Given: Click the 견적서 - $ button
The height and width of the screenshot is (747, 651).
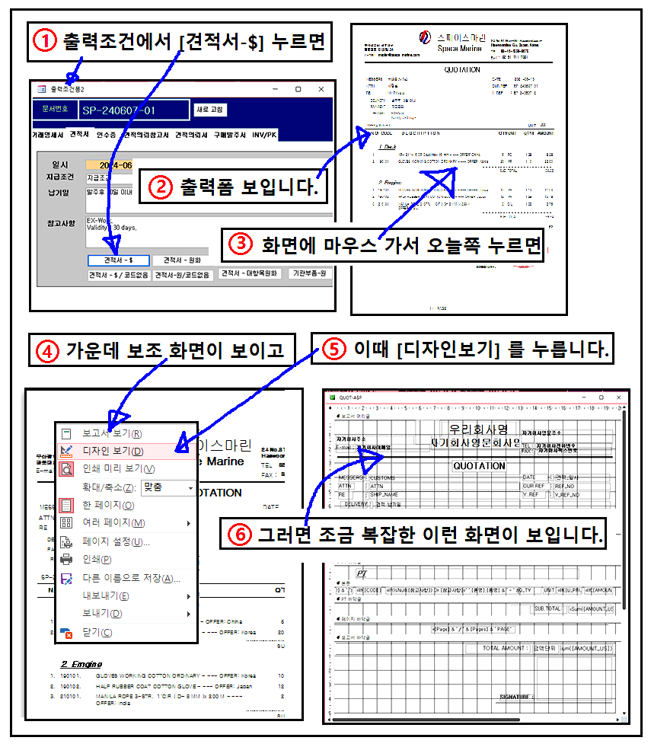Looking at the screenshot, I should (x=117, y=260).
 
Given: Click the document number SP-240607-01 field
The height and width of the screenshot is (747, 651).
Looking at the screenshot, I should (x=133, y=110).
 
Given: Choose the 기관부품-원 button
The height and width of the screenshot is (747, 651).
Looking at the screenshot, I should (x=311, y=273).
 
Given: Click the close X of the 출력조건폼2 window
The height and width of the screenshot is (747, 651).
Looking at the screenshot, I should (x=324, y=89).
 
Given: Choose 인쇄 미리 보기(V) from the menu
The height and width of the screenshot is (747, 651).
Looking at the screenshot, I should (x=118, y=468).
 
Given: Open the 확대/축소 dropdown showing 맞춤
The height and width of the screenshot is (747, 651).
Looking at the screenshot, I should (x=168, y=487).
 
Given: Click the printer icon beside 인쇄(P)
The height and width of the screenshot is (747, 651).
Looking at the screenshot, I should (x=67, y=560).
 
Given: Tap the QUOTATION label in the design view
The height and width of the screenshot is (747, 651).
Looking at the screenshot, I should (x=479, y=465).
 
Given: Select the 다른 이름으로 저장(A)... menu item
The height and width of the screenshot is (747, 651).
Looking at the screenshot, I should (x=131, y=578).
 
